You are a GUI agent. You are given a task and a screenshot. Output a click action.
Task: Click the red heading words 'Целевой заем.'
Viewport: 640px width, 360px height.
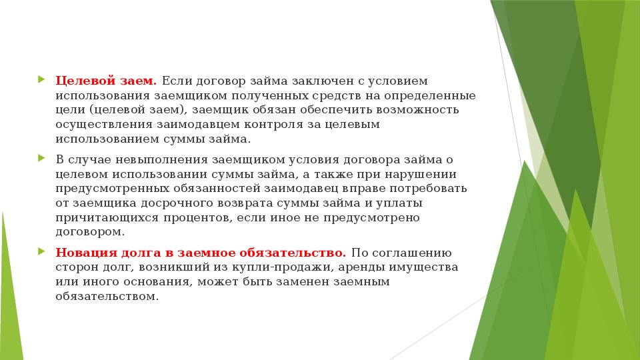[x=106, y=81]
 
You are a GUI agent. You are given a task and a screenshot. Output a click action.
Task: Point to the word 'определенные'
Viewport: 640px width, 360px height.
[x=430, y=96]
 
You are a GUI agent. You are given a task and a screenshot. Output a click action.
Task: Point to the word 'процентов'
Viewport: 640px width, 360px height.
[x=199, y=218]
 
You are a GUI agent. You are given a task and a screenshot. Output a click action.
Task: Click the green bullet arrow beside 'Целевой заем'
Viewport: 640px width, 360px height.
[x=41, y=79]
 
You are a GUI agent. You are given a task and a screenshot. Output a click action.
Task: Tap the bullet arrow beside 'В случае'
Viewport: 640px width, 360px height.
[x=41, y=158]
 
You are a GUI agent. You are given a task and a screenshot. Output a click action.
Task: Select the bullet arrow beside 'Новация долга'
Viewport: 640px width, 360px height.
[x=41, y=251]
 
